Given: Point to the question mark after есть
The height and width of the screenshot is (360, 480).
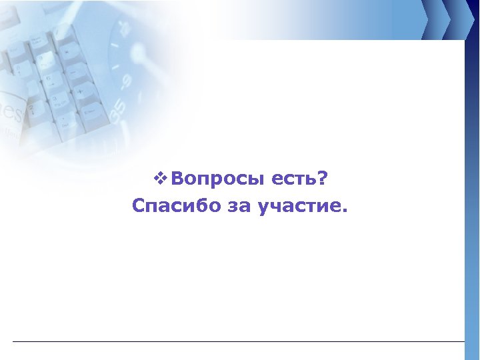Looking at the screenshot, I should [323, 178].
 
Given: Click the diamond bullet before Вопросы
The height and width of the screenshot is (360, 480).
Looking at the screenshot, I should [159, 179].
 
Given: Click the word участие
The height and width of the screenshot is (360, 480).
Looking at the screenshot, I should [297, 207].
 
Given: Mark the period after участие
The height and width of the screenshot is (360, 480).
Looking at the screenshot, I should [344, 211].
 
